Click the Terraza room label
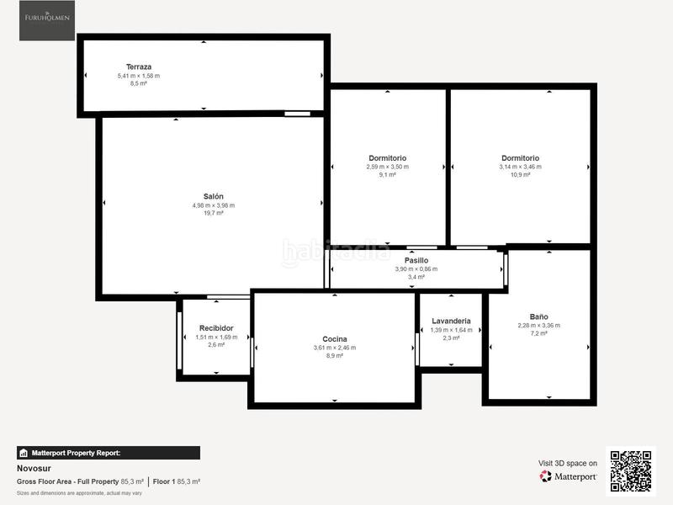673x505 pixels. pyautogui.click(x=139, y=66)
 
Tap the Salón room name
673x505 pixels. pyautogui.click(x=213, y=196)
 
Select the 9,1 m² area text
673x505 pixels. pyautogui.click(x=387, y=175)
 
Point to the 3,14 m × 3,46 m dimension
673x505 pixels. pyautogui.click(x=520, y=167)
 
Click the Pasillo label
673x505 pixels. pyautogui.click(x=416, y=260)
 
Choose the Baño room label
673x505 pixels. pyautogui.click(x=538, y=316)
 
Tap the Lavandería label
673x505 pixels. pyautogui.click(x=451, y=321)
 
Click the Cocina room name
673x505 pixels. pyautogui.click(x=334, y=339)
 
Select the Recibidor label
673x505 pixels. pyautogui.click(x=216, y=327)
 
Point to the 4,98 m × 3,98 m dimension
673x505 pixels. pyautogui.click(x=213, y=205)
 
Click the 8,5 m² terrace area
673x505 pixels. pyautogui.click(x=139, y=84)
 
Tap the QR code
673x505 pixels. pyautogui.click(x=630, y=470)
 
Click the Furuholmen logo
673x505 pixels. pyautogui.click(x=46, y=20)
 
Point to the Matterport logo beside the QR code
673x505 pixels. pyautogui.click(x=569, y=476)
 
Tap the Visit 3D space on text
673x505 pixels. pyautogui.click(x=568, y=463)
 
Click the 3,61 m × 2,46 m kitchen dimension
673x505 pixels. pyautogui.click(x=334, y=348)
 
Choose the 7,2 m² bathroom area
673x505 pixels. pyautogui.click(x=538, y=333)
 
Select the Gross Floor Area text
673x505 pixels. pyautogui.click(x=68, y=481)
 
